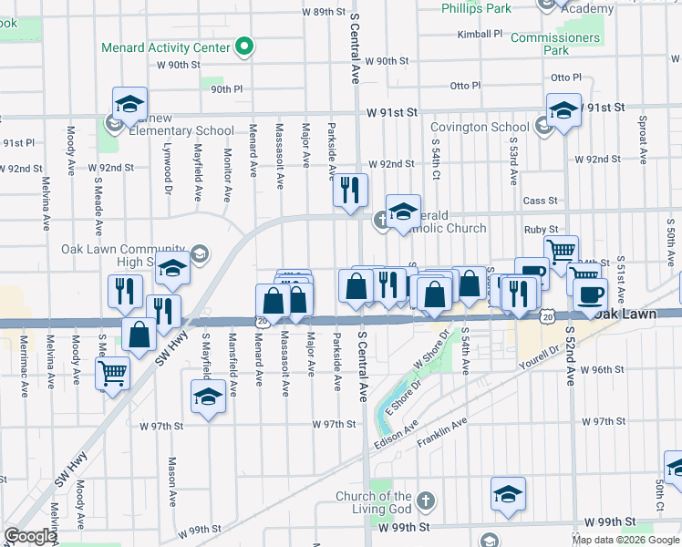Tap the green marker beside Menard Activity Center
click(244, 46)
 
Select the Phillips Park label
click(476, 7)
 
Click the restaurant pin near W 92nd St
click(349, 191)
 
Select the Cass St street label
click(540, 201)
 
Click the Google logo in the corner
click(30, 536)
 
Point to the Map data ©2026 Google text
click(625, 540)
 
